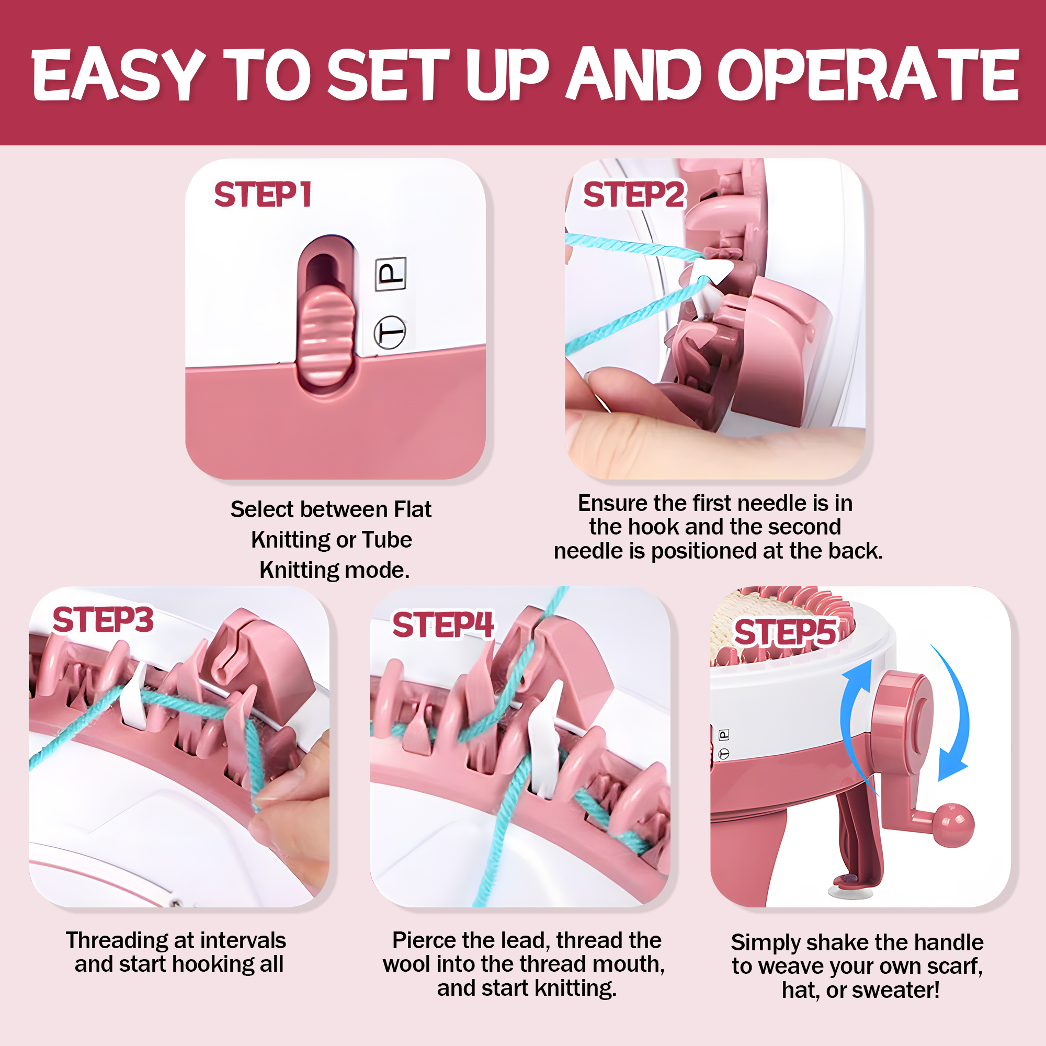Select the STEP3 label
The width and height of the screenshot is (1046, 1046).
103,620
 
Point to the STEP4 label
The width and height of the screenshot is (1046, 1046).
443,625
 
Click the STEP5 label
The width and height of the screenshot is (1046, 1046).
785,632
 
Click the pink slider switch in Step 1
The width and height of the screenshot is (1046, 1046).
326,337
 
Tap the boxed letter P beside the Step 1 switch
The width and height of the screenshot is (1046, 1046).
391,274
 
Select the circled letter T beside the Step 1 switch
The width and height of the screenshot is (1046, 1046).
390,332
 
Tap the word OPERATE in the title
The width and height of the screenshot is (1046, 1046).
868,75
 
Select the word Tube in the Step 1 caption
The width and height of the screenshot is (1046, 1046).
386,540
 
